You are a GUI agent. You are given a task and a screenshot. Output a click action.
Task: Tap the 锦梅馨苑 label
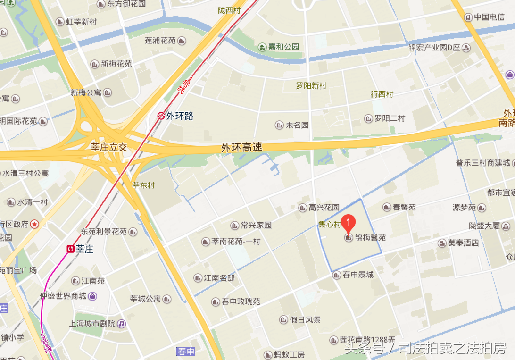(370, 238)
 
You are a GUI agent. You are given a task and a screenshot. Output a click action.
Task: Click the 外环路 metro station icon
(161, 116)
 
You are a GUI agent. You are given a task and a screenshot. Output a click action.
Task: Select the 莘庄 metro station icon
(70, 249)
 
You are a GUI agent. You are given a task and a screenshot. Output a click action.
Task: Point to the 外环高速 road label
(241, 148)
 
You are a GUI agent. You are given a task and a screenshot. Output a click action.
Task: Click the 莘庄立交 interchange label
(109, 147)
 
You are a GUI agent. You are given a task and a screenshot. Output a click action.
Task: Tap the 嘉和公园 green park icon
(262, 47)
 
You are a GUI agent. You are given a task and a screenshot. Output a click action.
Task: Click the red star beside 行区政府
(34, 224)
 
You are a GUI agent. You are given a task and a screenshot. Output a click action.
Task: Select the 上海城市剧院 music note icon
(122, 324)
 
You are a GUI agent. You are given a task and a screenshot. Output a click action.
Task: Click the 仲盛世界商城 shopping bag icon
(92, 296)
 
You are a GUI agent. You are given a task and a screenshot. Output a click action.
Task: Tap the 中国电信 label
(489, 17)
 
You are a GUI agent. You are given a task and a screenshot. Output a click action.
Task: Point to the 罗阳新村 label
(311, 86)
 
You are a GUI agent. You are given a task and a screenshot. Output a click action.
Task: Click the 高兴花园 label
(324, 208)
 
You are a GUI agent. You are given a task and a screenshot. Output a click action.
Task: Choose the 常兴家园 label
(256, 226)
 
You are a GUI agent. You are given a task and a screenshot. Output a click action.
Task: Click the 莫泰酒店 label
(463, 243)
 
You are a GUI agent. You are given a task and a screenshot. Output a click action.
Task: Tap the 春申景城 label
(357, 275)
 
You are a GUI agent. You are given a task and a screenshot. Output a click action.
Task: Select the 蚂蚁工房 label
(290, 355)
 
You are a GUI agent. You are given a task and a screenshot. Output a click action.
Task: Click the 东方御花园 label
(126, 4)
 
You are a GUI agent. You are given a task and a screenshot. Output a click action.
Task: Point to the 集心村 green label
(329, 225)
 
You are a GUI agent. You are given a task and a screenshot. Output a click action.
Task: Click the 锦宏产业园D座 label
(434, 47)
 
